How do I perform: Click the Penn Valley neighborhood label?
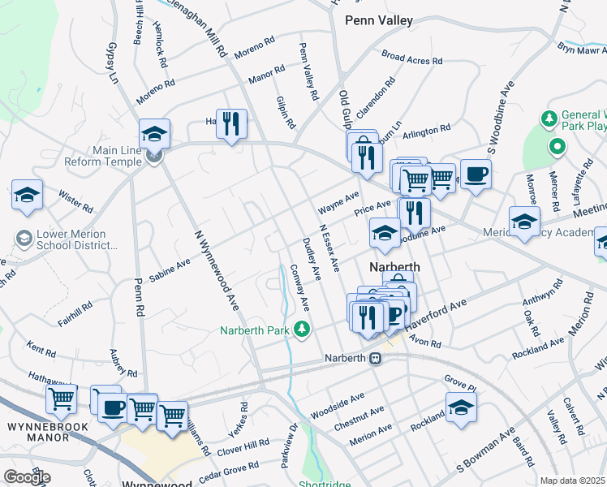point(378,19)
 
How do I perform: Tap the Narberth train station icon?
point(376,358)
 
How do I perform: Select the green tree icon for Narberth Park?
point(301,329)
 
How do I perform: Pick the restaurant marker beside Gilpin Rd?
point(231,125)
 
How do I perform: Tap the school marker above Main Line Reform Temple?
point(154,135)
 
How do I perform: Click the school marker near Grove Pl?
point(461,408)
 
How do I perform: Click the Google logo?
point(27,477)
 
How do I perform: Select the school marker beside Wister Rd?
point(27,196)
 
